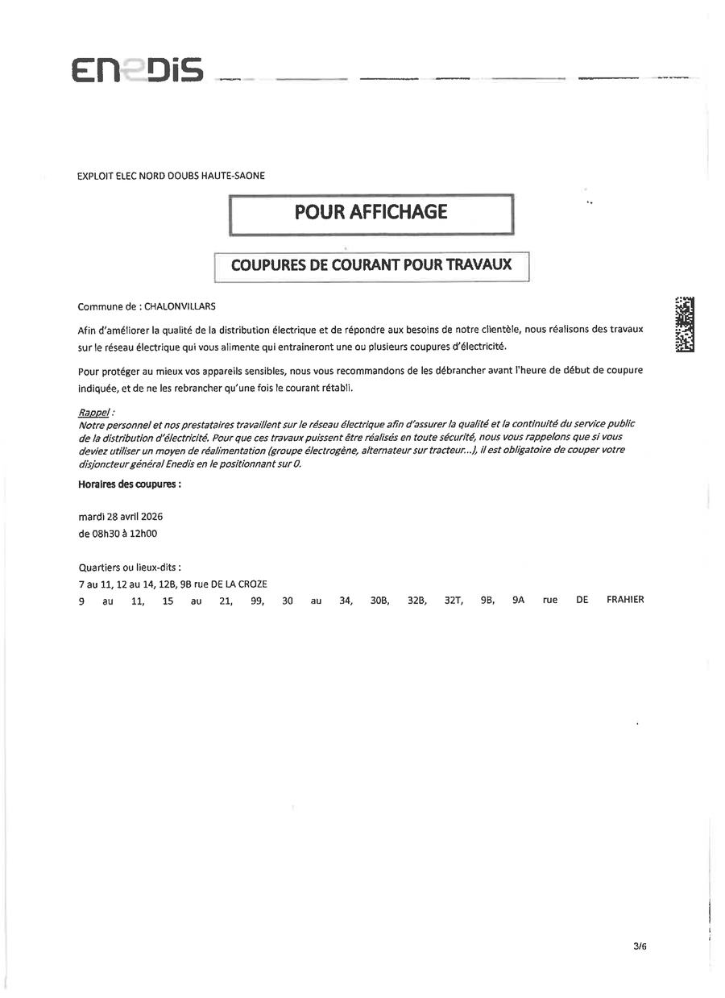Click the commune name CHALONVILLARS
(180, 306)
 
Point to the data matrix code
(684, 324)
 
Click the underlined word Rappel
(93, 413)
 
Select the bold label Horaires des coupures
(129, 484)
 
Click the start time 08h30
(106, 533)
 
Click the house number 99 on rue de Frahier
(257, 601)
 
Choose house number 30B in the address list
(379, 601)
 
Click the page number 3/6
(640, 946)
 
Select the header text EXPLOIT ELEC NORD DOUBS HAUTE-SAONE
(171, 175)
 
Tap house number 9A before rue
(518, 601)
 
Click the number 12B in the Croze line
(168, 584)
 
